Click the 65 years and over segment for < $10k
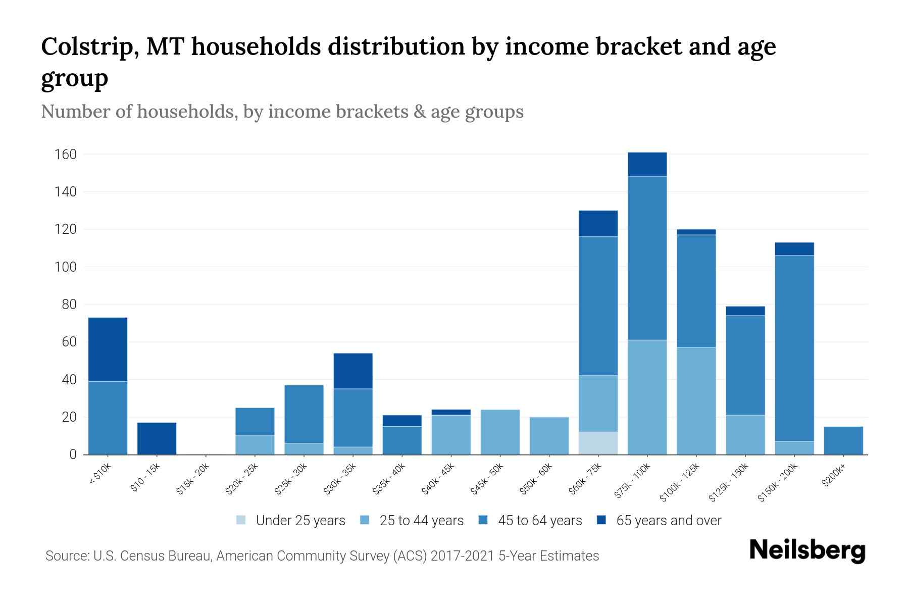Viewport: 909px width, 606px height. point(108,349)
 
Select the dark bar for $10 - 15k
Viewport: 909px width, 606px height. point(157,438)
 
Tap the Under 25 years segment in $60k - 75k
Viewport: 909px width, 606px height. point(598,443)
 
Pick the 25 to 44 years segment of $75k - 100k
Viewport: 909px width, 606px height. point(647,397)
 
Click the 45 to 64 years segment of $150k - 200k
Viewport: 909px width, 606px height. point(794,348)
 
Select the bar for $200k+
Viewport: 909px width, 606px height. point(843,440)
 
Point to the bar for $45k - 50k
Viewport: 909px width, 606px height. point(500,432)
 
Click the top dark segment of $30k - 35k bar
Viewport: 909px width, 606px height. point(353,371)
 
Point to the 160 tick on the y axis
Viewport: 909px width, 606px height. point(66,154)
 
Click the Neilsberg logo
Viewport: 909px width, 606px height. point(807,550)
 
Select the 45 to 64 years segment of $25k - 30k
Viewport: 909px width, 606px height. point(304,414)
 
